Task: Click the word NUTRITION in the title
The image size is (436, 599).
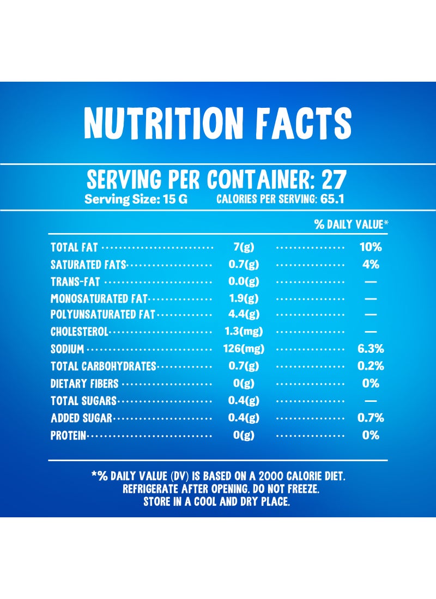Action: tap(163, 123)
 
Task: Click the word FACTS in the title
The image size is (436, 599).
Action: tap(304, 123)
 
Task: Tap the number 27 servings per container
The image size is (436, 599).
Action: tap(334, 180)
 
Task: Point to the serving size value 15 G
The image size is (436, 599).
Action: tap(175, 199)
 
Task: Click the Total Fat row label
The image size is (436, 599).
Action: tap(74, 247)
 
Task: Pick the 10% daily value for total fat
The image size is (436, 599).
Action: tap(371, 247)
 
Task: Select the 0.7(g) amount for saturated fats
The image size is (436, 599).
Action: tap(244, 264)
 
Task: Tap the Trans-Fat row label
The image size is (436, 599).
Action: tap(75, 282)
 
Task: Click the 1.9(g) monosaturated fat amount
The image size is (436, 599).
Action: tap(244, 298)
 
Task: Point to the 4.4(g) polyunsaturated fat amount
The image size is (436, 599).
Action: tap(244, 314)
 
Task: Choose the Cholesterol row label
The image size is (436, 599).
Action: tap(80, 332)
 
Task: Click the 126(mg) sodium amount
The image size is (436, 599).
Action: tap(244, 349)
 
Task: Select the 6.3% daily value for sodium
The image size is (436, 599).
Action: tap(371, 349)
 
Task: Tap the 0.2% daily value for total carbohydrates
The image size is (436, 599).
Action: tap(371, 366)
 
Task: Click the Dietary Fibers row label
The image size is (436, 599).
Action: tap(84, 383)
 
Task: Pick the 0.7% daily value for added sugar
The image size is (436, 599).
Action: tap(371, 418)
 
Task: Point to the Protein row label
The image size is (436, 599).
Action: tap(69, 435)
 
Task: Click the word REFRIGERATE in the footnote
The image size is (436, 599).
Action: tap(150, 489)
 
